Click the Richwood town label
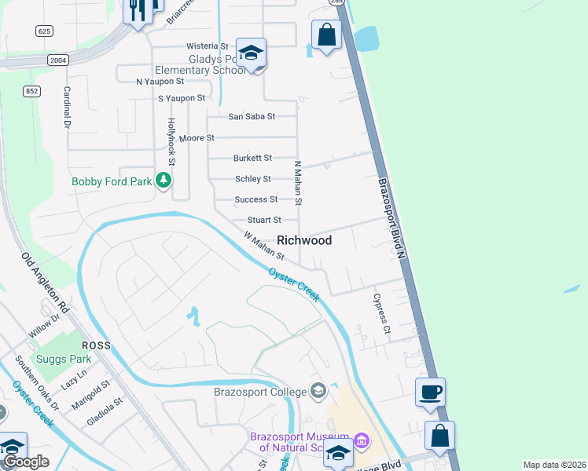(x=303, y=240)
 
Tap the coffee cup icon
(x=430, y=392)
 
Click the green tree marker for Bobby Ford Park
(x=164, y=181)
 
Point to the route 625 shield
(x=44, y=30)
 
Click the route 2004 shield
(x=58, y=60)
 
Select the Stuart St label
(x=264, y=221)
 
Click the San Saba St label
(x=252, y=117)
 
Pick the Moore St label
(x=197, y=138)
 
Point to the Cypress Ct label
(x=380, y=314)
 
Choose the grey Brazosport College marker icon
(x=318, y=390)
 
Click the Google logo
(x=26, y=462)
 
